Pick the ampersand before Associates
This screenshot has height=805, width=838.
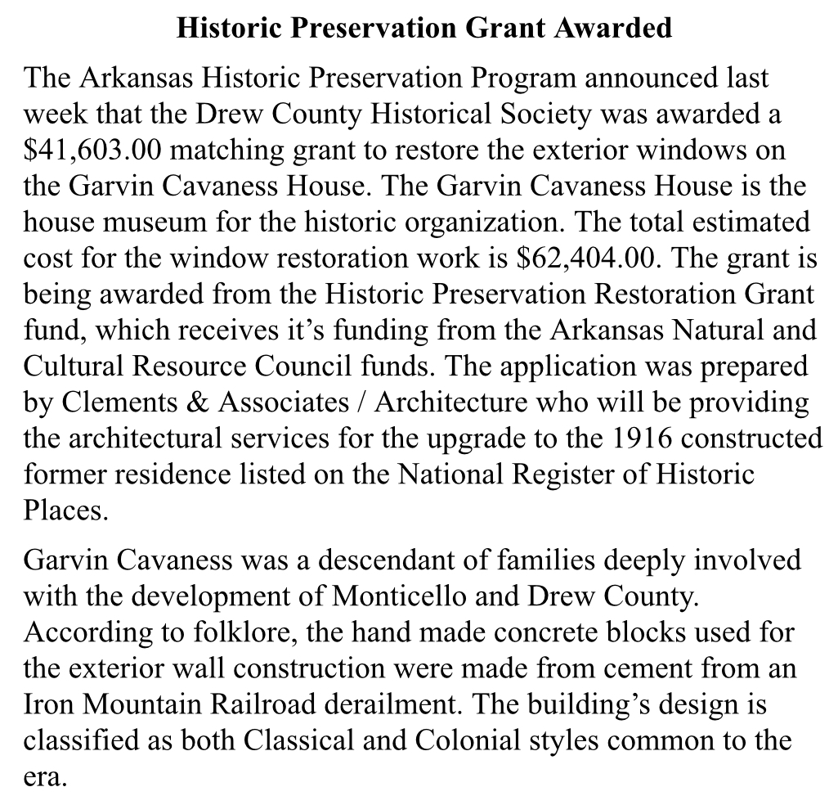208,402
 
